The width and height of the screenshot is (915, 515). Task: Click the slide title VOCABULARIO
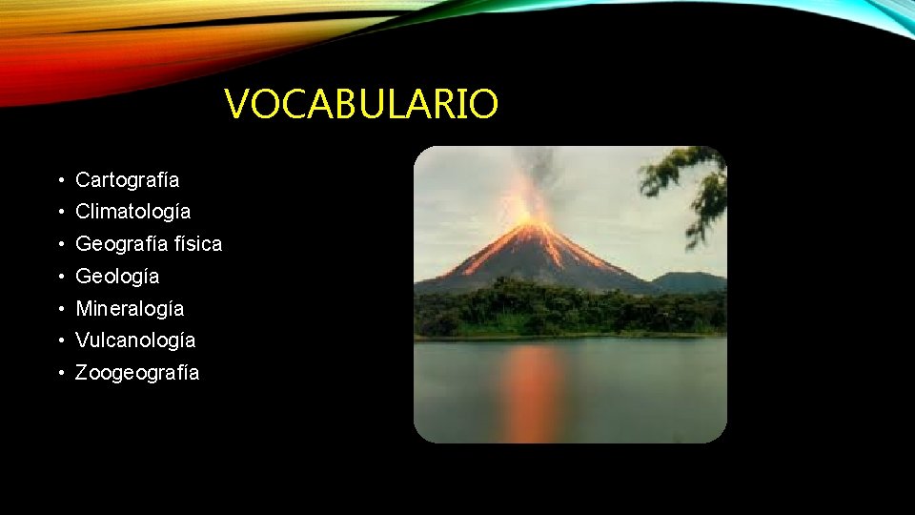point(361,104)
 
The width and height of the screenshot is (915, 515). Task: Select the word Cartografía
point(127,179)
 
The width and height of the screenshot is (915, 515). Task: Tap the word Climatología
point(132,211)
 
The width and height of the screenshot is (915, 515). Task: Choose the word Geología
point(117,276)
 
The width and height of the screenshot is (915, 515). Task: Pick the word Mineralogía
point(130,308)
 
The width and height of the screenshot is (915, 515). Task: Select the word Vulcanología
point(135,340)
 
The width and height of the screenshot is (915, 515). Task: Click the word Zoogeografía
point(137,372)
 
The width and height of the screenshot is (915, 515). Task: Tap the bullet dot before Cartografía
point(60,180)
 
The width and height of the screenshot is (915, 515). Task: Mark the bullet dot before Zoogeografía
point(60,373)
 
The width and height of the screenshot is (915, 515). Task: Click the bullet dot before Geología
point(60,277)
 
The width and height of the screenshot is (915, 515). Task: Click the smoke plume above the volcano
point(540,172)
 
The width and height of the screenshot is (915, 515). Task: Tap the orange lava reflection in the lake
point(533,391)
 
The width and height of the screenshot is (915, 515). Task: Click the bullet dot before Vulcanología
point(60,340)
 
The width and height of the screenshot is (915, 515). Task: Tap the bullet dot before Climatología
point(60,212)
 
